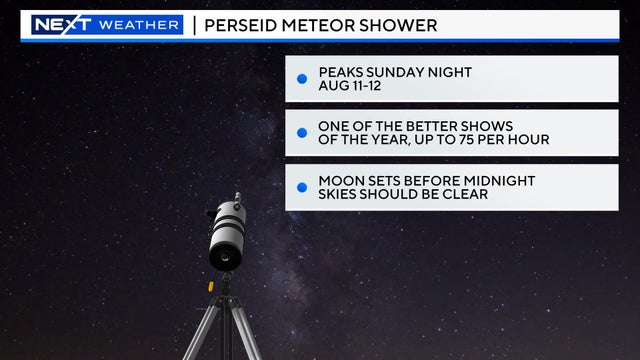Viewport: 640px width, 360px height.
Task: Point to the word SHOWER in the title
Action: click(x=401, y=25)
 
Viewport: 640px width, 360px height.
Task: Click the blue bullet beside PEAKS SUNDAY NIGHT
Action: click(x=302, y=78)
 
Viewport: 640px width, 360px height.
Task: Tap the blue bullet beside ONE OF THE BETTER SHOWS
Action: click(x=302, y=132)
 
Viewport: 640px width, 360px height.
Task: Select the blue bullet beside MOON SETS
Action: click(x=302, y=187)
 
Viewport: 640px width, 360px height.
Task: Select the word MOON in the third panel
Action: click(x=340, y=180)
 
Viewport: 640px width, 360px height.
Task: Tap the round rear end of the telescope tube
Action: click(x=224, y=255)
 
